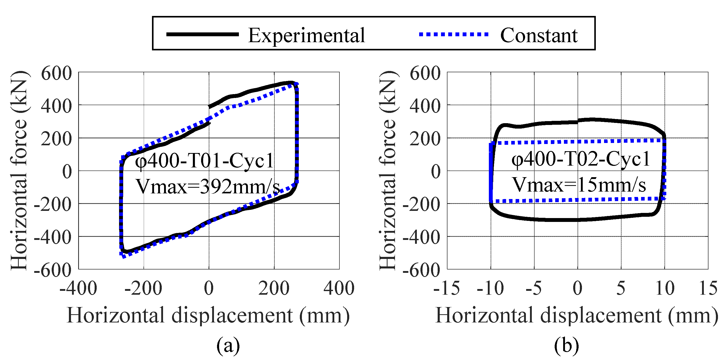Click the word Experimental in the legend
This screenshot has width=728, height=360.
coord(306,35)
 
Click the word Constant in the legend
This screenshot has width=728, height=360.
coord(539,35)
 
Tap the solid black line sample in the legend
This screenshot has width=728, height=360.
coord(202,34)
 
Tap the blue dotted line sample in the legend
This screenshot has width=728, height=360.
coord(453,34)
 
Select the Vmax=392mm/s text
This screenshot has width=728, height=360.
coord(208,186)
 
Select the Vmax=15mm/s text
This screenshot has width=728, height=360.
coord(579,185)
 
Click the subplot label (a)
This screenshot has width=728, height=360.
coord(228,345)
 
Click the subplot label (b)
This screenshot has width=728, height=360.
coord(566,345)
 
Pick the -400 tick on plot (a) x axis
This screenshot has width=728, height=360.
coord(78,288)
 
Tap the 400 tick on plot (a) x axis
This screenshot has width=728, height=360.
coord(339,288)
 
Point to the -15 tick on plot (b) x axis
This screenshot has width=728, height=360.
coord(446,288)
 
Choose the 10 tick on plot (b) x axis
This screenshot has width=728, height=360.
coord(665,288)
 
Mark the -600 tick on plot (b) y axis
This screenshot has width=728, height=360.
coord(421,269)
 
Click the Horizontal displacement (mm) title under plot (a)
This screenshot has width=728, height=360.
coord(208,315)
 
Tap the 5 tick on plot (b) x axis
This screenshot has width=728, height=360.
coord(621,288)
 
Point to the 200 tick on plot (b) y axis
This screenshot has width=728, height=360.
coord(425,139)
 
